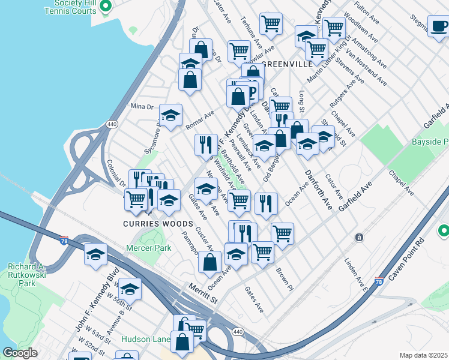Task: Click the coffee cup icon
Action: [439, 26]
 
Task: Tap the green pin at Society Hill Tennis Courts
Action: [106, 7]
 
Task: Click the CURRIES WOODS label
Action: [158, 224]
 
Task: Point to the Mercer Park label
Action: [149, 248]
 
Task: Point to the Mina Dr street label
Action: [142, 107]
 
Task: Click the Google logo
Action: [20, 353]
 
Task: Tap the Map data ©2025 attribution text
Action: [423, 355]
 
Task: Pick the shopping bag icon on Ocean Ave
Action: [209, 262]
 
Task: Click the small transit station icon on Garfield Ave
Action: [359, 238]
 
